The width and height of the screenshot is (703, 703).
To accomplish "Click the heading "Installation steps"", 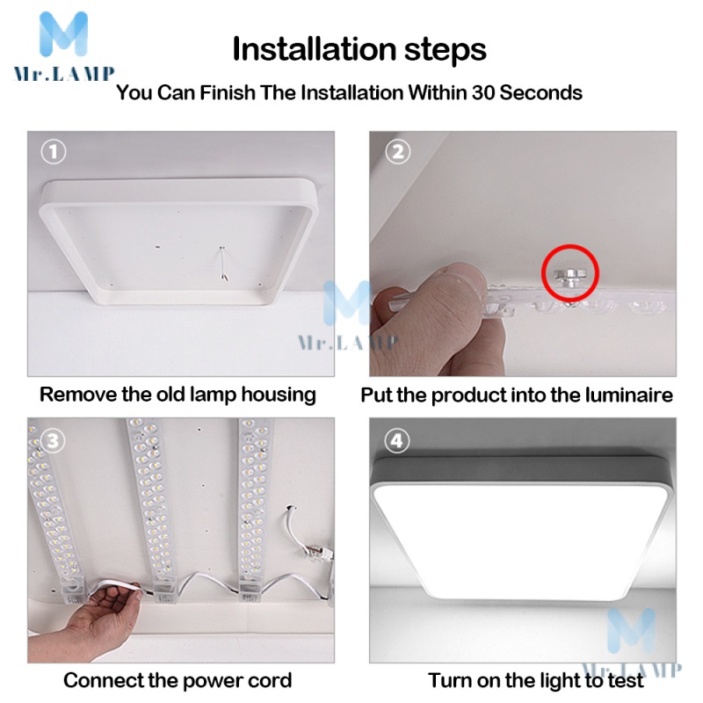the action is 359,49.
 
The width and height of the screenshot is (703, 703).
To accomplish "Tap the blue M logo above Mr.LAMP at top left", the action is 63,34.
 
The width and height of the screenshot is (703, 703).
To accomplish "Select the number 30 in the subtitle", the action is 482,93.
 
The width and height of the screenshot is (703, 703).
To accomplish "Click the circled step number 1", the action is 54,151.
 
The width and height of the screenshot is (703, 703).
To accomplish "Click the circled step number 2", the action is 398,151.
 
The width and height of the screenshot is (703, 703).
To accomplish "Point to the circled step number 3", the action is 53,441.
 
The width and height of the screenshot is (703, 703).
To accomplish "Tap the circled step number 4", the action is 397,441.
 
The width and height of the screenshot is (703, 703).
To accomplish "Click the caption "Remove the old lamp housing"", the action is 178,395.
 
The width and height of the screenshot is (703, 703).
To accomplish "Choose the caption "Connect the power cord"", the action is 178,680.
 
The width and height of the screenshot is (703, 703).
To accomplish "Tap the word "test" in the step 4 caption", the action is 626,680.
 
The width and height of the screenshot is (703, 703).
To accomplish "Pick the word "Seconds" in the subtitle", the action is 540,93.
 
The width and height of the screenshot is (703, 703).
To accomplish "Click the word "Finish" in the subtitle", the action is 227,93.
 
